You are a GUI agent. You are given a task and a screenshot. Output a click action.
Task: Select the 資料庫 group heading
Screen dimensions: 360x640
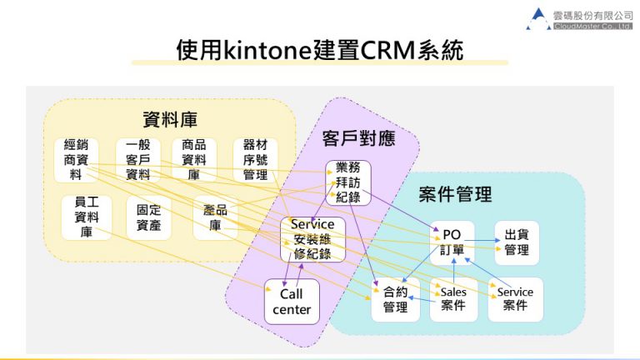click(169, 117)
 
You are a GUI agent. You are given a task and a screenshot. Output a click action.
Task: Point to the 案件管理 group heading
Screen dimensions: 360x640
click(455, 195)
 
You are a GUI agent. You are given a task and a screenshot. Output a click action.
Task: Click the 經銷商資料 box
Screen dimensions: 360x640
click(76, 159)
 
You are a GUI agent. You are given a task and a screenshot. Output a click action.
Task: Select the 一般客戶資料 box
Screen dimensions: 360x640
click(137, 159)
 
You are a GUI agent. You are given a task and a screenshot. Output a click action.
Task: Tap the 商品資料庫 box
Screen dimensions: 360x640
click(193, 159)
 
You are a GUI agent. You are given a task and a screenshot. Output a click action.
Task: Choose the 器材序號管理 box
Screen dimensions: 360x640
click(255, 159)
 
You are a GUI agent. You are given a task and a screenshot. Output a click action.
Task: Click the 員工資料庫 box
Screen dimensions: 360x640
click(86, 217)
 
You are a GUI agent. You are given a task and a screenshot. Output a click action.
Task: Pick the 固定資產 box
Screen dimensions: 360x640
click(148, 217)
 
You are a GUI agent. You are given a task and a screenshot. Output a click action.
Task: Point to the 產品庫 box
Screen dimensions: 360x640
click(215, 217)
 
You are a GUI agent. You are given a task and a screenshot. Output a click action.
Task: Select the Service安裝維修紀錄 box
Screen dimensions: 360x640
click(312, 239)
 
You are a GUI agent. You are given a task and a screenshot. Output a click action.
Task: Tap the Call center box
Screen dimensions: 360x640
click(292, 302)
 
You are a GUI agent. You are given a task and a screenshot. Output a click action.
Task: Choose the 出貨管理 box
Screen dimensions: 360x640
click(517, 242)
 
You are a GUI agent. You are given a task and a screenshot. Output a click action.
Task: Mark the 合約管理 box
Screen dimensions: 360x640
click(395, 299)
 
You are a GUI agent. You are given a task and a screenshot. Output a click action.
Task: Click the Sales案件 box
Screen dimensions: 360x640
click(453, 299)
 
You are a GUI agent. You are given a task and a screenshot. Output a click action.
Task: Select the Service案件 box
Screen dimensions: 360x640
click(515, 299)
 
